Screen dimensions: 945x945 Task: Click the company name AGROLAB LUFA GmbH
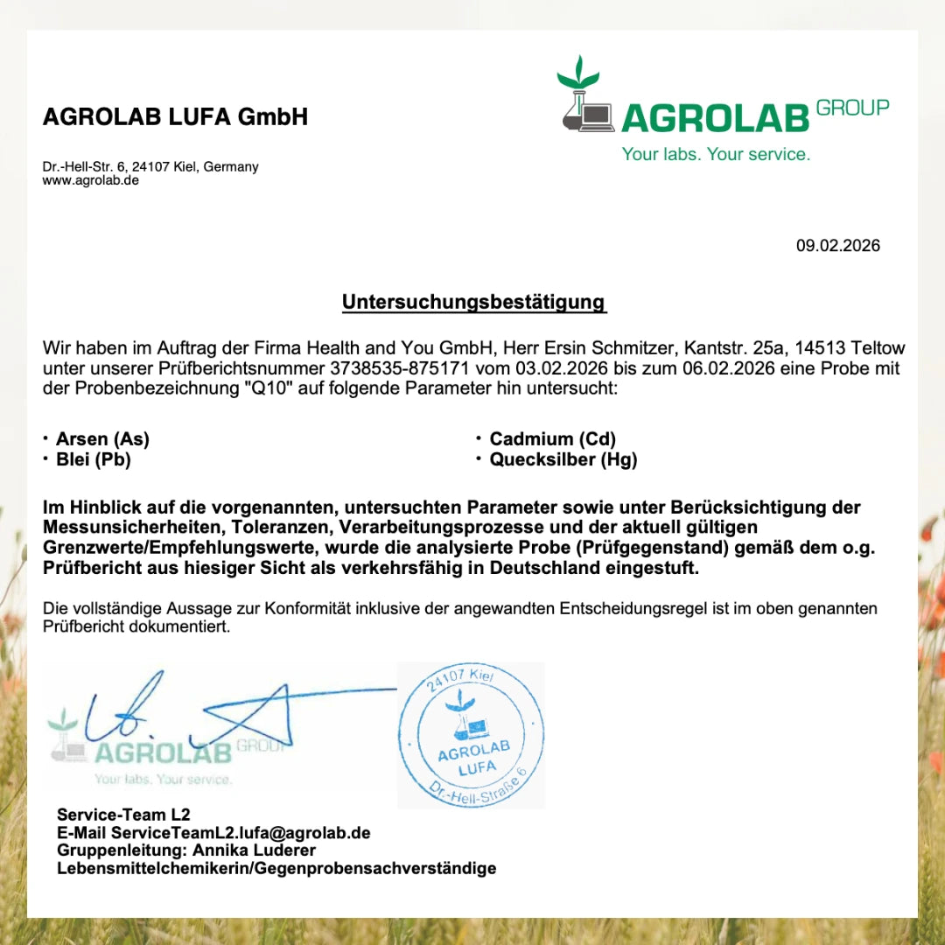(175, 116)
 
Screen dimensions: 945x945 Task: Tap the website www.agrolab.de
(91, 180)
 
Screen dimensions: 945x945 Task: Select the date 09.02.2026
(837, 245)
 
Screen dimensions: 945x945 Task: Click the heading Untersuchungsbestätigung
(473, 302)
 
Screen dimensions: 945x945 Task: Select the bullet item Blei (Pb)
(93, 459)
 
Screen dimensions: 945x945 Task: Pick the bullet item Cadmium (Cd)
(552, 439)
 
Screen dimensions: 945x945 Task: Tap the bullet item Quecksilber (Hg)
(563, 459)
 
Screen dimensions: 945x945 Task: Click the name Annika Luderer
(255, 850)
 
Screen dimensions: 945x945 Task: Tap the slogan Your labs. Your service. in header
(716, 154)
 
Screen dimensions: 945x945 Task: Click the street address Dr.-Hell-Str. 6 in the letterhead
(87, 166)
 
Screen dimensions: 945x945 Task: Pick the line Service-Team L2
(123, 815)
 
